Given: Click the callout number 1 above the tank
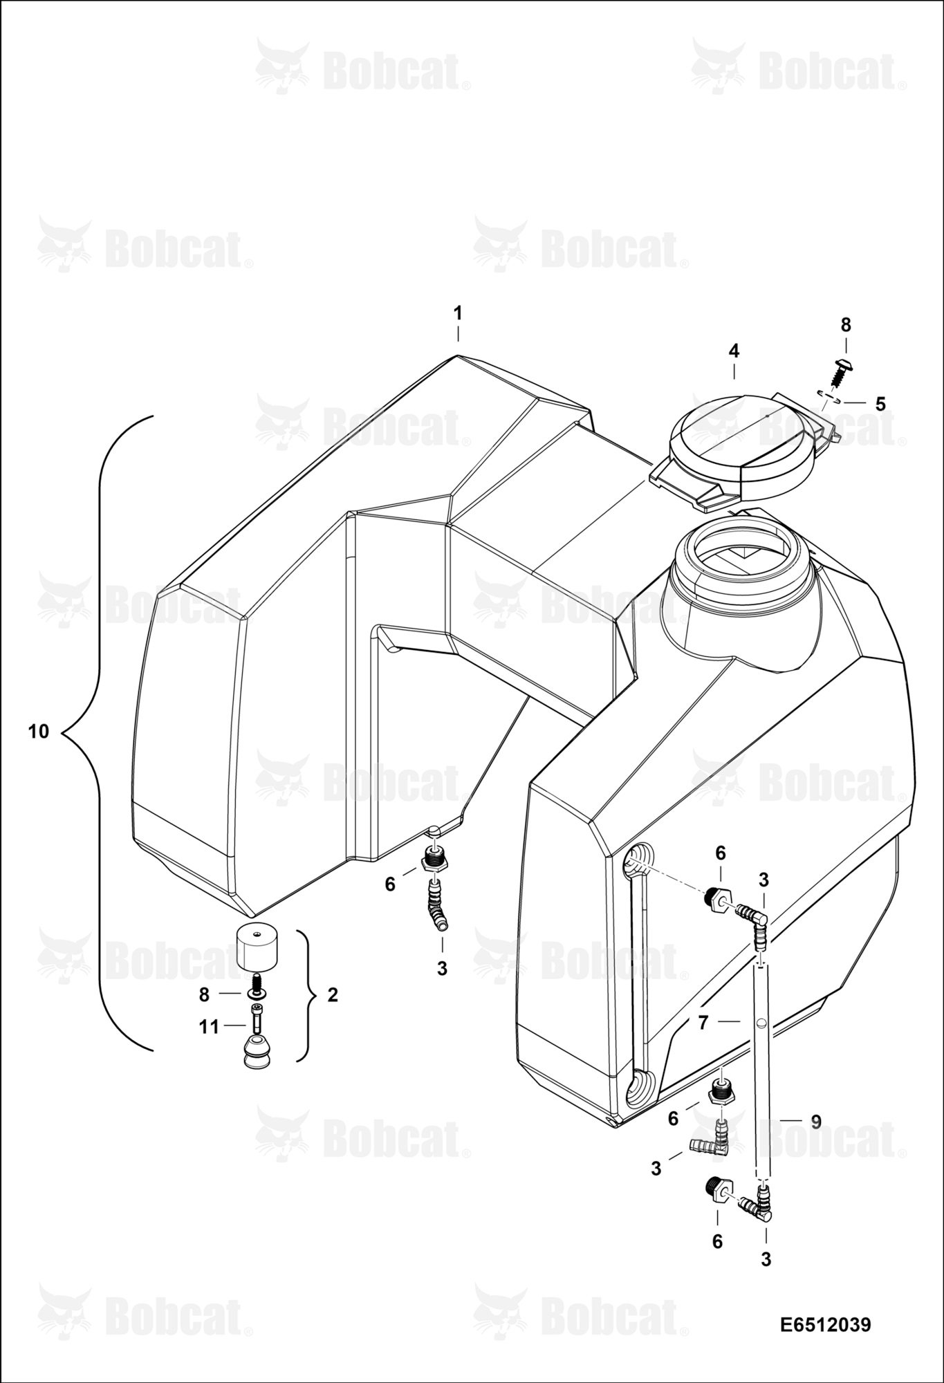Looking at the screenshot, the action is pyautogui.click(x=457, y=313).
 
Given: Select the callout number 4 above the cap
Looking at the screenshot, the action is pyautogui.click(x=734, y=351).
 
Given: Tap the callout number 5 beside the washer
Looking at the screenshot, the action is pyautogui.click(x=880, y=404).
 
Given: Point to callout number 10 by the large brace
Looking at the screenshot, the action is pyautogui.click(x=39, y=731).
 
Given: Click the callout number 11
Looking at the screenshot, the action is pyautogui.click(x=209, y=1027).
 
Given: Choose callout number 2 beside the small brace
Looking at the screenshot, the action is pyautogui.click(x=333, y=995).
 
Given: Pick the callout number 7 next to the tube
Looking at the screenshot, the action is pyautogui.click(x=703, y=1022).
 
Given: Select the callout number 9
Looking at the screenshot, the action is pyautogui.click(x=816, y=1122).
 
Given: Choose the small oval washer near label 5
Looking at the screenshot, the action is pyautogui.click(x=829, y=396).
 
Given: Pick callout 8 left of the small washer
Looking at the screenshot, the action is pyautogui.click(x=204, y=994).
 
